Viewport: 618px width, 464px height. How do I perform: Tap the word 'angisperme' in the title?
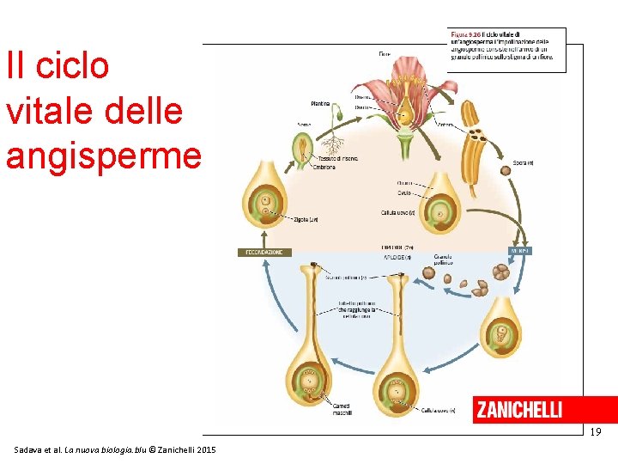tap(103, 155)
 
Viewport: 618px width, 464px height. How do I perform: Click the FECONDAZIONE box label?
tap(265, 253)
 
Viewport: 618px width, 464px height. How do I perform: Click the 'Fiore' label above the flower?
tap(384, 54)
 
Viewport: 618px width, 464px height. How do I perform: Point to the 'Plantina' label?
tap(320, 104)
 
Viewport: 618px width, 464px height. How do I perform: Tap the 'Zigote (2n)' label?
tap(306, 219)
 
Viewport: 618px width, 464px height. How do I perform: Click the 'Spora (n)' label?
tap(523, 162)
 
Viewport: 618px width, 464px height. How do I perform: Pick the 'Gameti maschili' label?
tap(342, 409)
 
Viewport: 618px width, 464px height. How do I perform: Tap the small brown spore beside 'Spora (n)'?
tap(505, 170)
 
